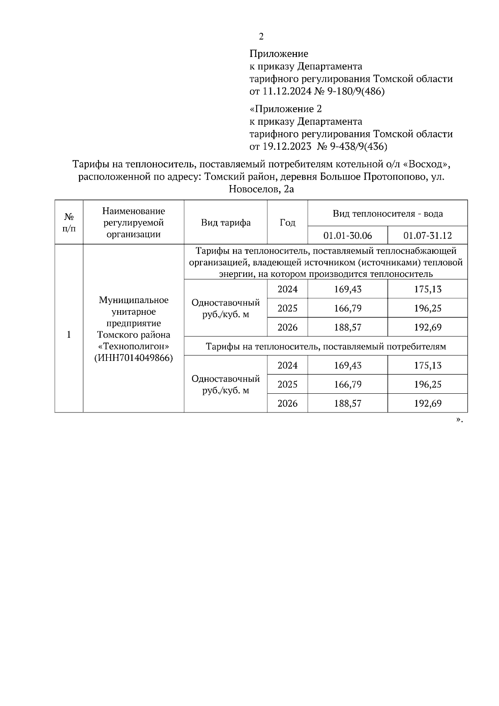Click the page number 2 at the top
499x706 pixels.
pos(261,37)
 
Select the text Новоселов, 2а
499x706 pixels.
pos(261,190)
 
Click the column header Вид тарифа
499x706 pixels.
pos(226,222)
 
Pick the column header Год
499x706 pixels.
pos(287,222)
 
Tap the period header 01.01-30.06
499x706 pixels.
pos(348,236)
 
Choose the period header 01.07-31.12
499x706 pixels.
pos(427,236)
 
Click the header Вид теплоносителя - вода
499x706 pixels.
pos(388,214)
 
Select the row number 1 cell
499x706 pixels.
pos(69,335)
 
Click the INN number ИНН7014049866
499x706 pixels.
pos(133,358)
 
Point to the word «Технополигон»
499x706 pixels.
pos(133,346)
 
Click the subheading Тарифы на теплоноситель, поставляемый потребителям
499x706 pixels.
pos(326,346)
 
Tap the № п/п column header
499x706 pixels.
pos(69,222)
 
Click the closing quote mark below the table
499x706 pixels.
pos(459,420)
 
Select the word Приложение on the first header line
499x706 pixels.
pos(279,54)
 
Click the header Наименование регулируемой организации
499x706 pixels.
pos(133,222)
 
